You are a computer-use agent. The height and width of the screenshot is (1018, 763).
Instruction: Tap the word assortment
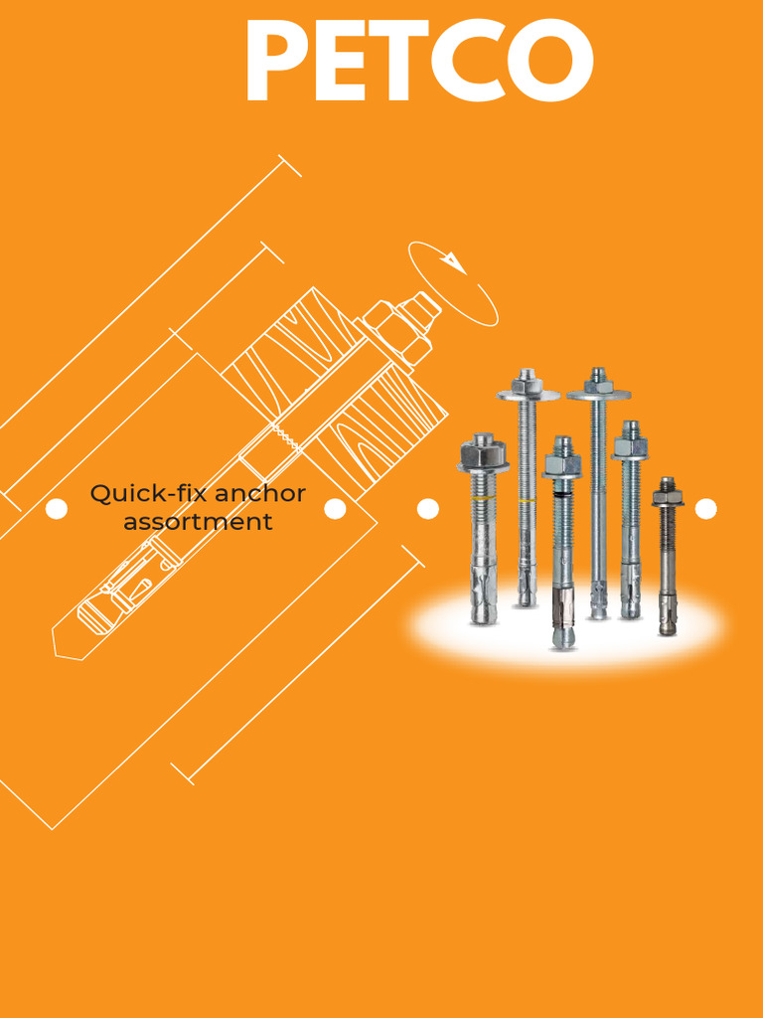[198, 522]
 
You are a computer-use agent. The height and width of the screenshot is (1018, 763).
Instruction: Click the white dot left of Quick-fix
[57, 509]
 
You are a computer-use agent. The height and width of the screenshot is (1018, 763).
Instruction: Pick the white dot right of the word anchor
[336, 509]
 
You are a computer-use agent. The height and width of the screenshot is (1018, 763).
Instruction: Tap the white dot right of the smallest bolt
[706, 509]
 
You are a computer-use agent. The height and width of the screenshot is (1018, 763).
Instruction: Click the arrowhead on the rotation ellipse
[453, 262]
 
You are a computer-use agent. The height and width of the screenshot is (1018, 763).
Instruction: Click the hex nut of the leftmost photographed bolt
[484, 454]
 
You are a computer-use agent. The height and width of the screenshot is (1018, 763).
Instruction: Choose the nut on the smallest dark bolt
[668, 495]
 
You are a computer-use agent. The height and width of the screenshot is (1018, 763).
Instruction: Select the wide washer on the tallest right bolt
[598, 395]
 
